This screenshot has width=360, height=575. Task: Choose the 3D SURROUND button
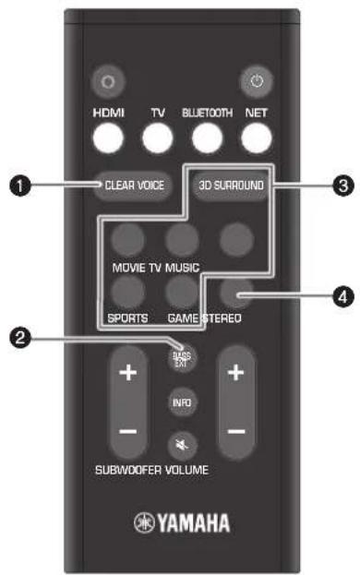coord(231,185)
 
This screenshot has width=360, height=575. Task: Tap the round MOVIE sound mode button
coord(127,239)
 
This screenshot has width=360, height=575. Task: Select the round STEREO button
coord(238,295)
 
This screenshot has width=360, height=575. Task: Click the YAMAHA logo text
coord(181,514)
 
